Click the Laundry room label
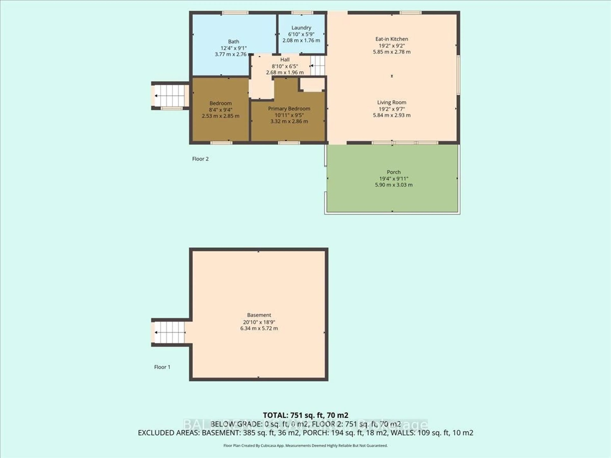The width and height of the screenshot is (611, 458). (x=301, y=28)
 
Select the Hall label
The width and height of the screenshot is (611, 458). (x=285, y=60)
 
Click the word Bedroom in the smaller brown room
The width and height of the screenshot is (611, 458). (x=220, y=103)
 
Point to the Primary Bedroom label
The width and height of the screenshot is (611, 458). (x=289, y=108)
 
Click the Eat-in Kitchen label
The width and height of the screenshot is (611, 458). (x=391, y=39)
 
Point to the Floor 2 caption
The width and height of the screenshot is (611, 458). (x=200, y=159)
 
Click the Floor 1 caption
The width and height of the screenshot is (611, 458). (x=162, y=367)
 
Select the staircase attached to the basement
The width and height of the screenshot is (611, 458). (x=169, y=332)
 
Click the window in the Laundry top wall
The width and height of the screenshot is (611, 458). (x=302, y=12)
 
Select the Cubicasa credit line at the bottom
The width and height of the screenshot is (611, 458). (x=305, y=445)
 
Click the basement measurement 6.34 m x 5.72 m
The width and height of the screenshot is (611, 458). (x=259, y=328)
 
